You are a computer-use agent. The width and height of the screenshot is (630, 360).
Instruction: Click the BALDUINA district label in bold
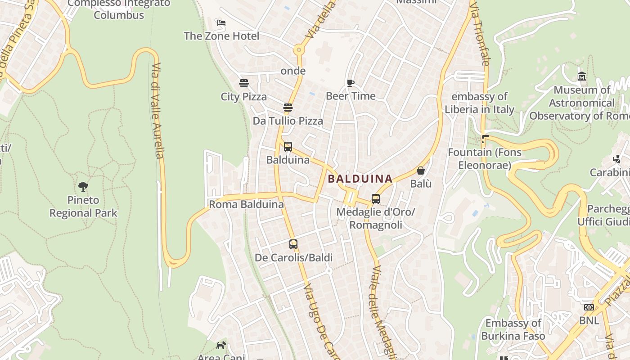[360, 179]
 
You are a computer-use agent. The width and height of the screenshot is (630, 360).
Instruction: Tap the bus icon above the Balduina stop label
[288, 147]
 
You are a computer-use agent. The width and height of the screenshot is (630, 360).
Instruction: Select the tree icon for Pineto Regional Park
[83, 186]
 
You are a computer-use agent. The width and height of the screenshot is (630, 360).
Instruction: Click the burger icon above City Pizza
[244, 83]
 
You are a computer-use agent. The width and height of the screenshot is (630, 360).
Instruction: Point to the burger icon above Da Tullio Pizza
[288, 108]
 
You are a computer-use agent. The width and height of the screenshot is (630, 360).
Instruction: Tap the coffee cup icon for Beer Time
[351, 83]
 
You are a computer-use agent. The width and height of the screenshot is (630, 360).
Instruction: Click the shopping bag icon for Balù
[421, 171]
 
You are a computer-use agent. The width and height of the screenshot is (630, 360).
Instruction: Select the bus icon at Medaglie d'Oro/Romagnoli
[376, 198]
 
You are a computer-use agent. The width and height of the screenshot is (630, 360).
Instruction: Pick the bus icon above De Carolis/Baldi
[293, 244]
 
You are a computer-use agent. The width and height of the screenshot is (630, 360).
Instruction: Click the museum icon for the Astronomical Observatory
[582, 76]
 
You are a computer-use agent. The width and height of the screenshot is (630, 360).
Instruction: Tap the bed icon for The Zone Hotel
[221, 23]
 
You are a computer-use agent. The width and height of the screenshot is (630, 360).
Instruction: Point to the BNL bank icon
[589, 308]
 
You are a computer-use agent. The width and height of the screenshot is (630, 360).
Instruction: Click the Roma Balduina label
[246, 204]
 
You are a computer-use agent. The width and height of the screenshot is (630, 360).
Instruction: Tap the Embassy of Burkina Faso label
[513, 329]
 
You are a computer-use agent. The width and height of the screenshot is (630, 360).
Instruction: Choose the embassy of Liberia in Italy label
[479, 103]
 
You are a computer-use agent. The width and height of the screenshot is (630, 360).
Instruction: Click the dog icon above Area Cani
[221, 346]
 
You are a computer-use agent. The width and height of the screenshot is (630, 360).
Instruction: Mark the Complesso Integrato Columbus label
[119, 9]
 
